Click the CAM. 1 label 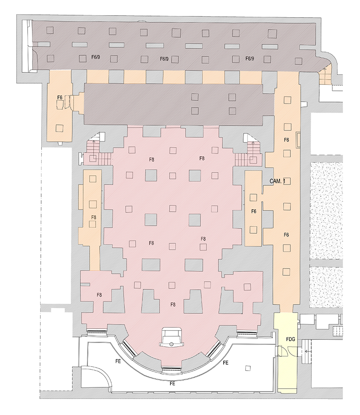pyautogui.click(x=277, y=181)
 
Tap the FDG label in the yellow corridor pyautogui.click(x=290, y=339)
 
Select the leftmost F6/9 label pyautogui.click(x=96, y=57)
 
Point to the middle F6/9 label pyautogui.click(x=164, y=59)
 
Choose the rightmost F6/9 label pyautogui.click(x=250, y=58)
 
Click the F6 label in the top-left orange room pyautogui.click(x=60, y=98)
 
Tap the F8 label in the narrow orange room pyautogui.click(x=94, y=217)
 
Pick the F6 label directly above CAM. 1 pyautogui.click(x=286, y=140)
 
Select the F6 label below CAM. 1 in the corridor pyautogui.click(x=286, y=235)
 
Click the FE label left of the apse pyautogui.click(x=118, y=361)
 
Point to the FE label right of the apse pyautogui.click(x=225, y=363)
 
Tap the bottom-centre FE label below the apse pyautogui.click(x=172, y=383)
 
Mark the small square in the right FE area pyautogui.click(x=248, y=369)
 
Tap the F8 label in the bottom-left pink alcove pyautogui.click(x=99, y=295)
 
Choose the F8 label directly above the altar pyautogui.click(x=173, y=305)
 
